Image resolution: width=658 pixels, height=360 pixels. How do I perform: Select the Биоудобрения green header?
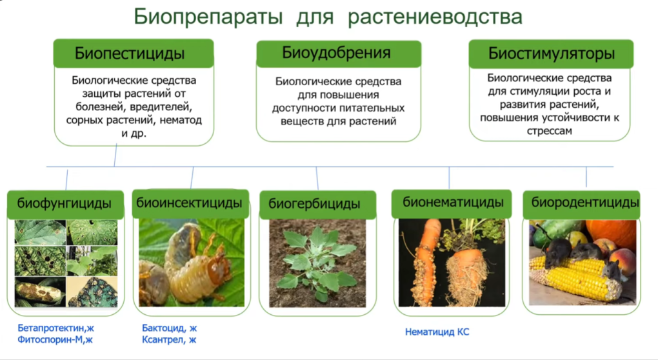click(339, 54)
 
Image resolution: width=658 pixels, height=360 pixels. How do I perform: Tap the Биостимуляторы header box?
click(551, 54)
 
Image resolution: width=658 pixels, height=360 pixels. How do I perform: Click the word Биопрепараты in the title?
click(208, 17)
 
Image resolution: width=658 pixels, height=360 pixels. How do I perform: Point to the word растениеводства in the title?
click(435, 17)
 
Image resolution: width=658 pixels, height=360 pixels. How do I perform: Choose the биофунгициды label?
click(65, 204)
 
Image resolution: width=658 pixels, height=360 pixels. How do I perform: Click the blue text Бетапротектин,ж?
click(56, 328)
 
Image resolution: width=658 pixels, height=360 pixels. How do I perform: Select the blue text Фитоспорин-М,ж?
click(55, 339)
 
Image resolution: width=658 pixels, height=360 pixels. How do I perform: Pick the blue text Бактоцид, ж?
click(170, 328)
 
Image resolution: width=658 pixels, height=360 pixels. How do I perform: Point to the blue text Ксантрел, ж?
click(169, 339)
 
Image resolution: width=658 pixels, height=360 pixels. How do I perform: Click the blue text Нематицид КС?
click(437, 332)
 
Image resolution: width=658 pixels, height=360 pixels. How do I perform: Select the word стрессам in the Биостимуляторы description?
click(550, 131)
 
